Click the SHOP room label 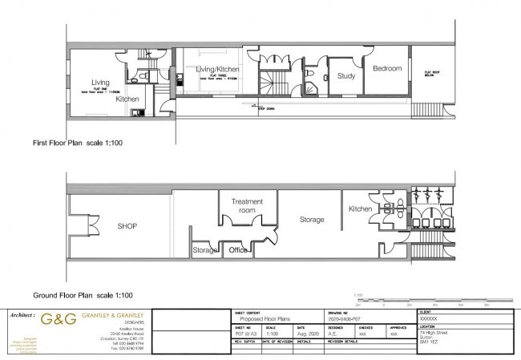pos(127,226)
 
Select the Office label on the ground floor pos(238,250)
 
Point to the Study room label pos(345,76)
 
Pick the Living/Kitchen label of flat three pos(219,70)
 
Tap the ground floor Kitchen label pos(359,208)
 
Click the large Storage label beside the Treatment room pos(312,219)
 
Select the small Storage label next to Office pos(205,251)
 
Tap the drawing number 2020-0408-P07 pos(347,318)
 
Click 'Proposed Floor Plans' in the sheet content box pos(265,318)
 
